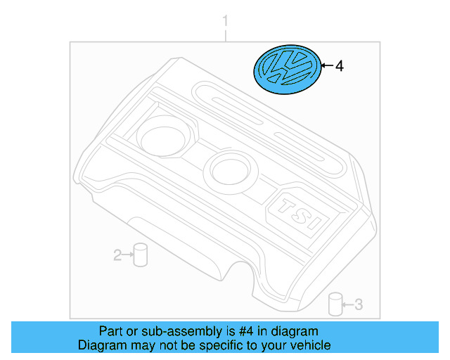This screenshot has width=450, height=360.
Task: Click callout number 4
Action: coord(339,67)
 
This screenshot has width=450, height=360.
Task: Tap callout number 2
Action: coord(117,255)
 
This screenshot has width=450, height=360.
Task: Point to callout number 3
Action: coord(358,304)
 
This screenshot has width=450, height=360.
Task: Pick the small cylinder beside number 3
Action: coord(335,304)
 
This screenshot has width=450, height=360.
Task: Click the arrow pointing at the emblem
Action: coord(325,66)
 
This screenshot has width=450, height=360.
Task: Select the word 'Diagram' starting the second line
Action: coord(100,345)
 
